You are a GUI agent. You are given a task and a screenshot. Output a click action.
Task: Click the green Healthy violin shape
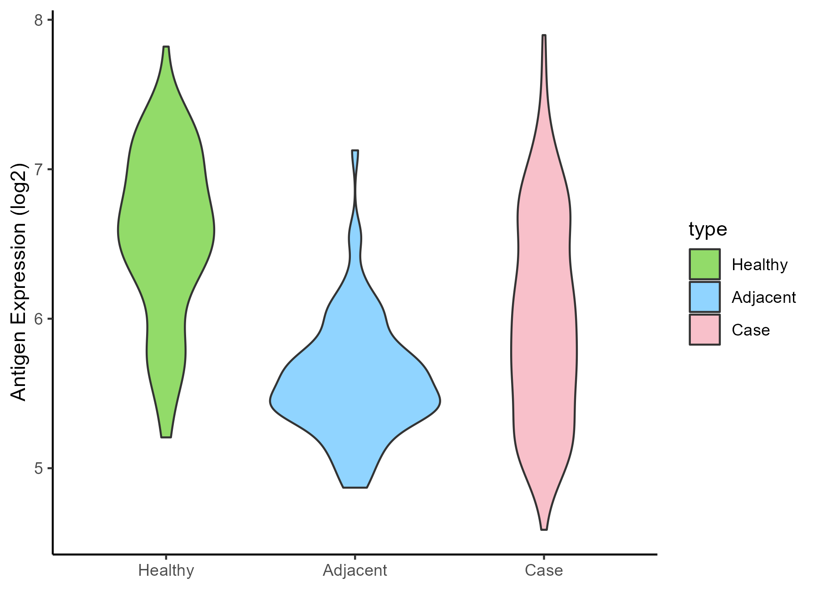click(x=166, y=227)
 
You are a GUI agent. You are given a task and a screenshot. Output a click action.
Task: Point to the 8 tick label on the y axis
click(x=38, y=20)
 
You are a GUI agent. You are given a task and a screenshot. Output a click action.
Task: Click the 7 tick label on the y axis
click(x=38, y=170)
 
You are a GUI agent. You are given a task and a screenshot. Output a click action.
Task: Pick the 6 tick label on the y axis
click(x=38, y=319)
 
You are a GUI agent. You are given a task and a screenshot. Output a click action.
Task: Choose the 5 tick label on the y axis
click(x=38, y=468)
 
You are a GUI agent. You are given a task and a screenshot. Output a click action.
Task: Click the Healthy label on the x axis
click(x=166, y=570)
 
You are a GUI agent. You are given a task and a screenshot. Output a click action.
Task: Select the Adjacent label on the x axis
click(x=355, y=570)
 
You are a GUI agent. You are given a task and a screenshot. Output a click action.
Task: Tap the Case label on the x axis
click(x=544, y=570)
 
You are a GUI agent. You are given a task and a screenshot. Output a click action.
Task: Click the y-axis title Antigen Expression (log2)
click(x=19, y=282)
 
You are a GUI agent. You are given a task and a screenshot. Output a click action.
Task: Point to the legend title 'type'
click(x=708, y=229)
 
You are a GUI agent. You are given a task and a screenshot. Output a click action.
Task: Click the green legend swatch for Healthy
click(x=704, y=264)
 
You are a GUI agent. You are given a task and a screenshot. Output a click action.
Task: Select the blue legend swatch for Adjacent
click(x=704, y=297)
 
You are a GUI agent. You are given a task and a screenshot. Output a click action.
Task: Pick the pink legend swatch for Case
click(x=704, y=330)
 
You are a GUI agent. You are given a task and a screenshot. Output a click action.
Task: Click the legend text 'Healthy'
click(x=759, y=265)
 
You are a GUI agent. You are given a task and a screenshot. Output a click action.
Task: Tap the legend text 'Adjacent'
click(x=763, y=297)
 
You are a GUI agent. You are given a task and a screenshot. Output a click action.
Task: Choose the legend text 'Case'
click(x=750, y=330)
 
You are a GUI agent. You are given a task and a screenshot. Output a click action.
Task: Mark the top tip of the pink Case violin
click(x=544, y=36)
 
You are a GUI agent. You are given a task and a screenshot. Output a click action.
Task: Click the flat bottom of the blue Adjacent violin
click(x=355, y=487)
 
